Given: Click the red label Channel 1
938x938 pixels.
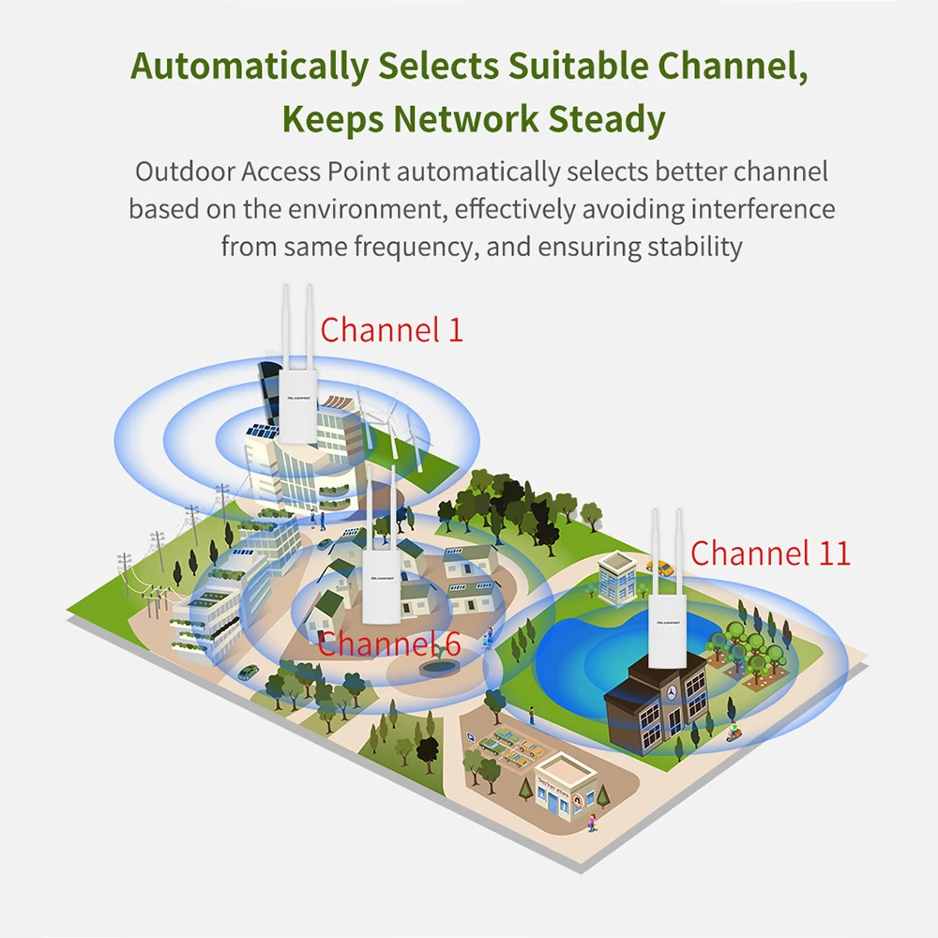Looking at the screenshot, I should [x=391, y=329].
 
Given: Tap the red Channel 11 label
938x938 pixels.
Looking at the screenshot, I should [x=770, y=552].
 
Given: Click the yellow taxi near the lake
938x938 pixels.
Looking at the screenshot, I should [x=661, y=567].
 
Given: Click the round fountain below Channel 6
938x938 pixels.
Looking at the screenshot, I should [x=433, y=667].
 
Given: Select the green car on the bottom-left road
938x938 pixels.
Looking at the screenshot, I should [x=248, y=672].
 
